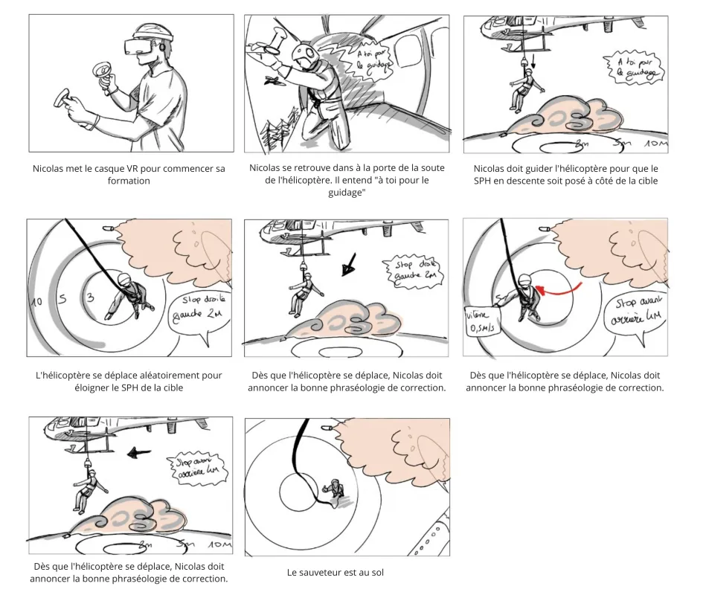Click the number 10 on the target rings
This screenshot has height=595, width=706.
pos(35,302)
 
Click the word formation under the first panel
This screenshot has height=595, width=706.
pos(129,181)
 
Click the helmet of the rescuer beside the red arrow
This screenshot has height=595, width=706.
pos(524,280)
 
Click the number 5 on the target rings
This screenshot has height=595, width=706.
pos(64,299)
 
